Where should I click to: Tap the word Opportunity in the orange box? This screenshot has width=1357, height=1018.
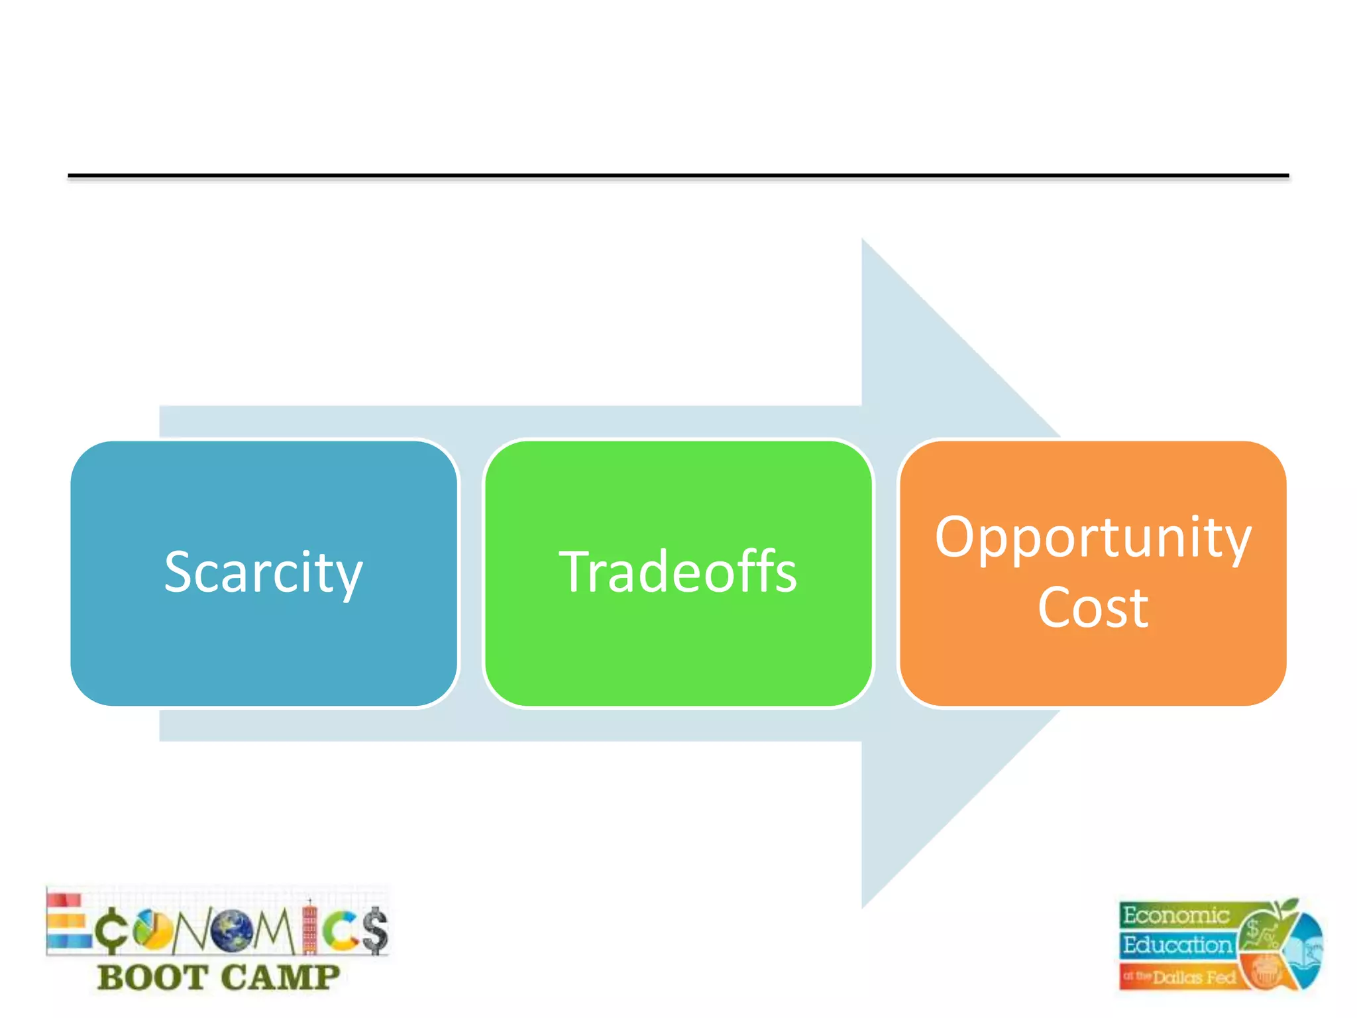(x=1093, y=538)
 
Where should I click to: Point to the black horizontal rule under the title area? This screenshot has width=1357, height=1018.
(x=678, y=176)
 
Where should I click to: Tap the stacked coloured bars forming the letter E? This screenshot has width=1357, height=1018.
(x=66, y=922)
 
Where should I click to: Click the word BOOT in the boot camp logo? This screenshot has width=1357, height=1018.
(x=152, y=978)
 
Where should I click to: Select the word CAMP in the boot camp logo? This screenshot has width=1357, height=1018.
(x=280, y=978)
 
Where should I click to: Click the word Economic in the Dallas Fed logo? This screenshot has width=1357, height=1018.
(x=1175, y=915)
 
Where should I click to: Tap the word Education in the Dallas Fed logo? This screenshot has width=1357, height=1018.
(x=1177, y=944)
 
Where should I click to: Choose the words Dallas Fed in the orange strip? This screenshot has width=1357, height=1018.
(x=1194, y=977)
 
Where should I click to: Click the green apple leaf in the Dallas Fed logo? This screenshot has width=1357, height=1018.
(x=1289, y=905)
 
